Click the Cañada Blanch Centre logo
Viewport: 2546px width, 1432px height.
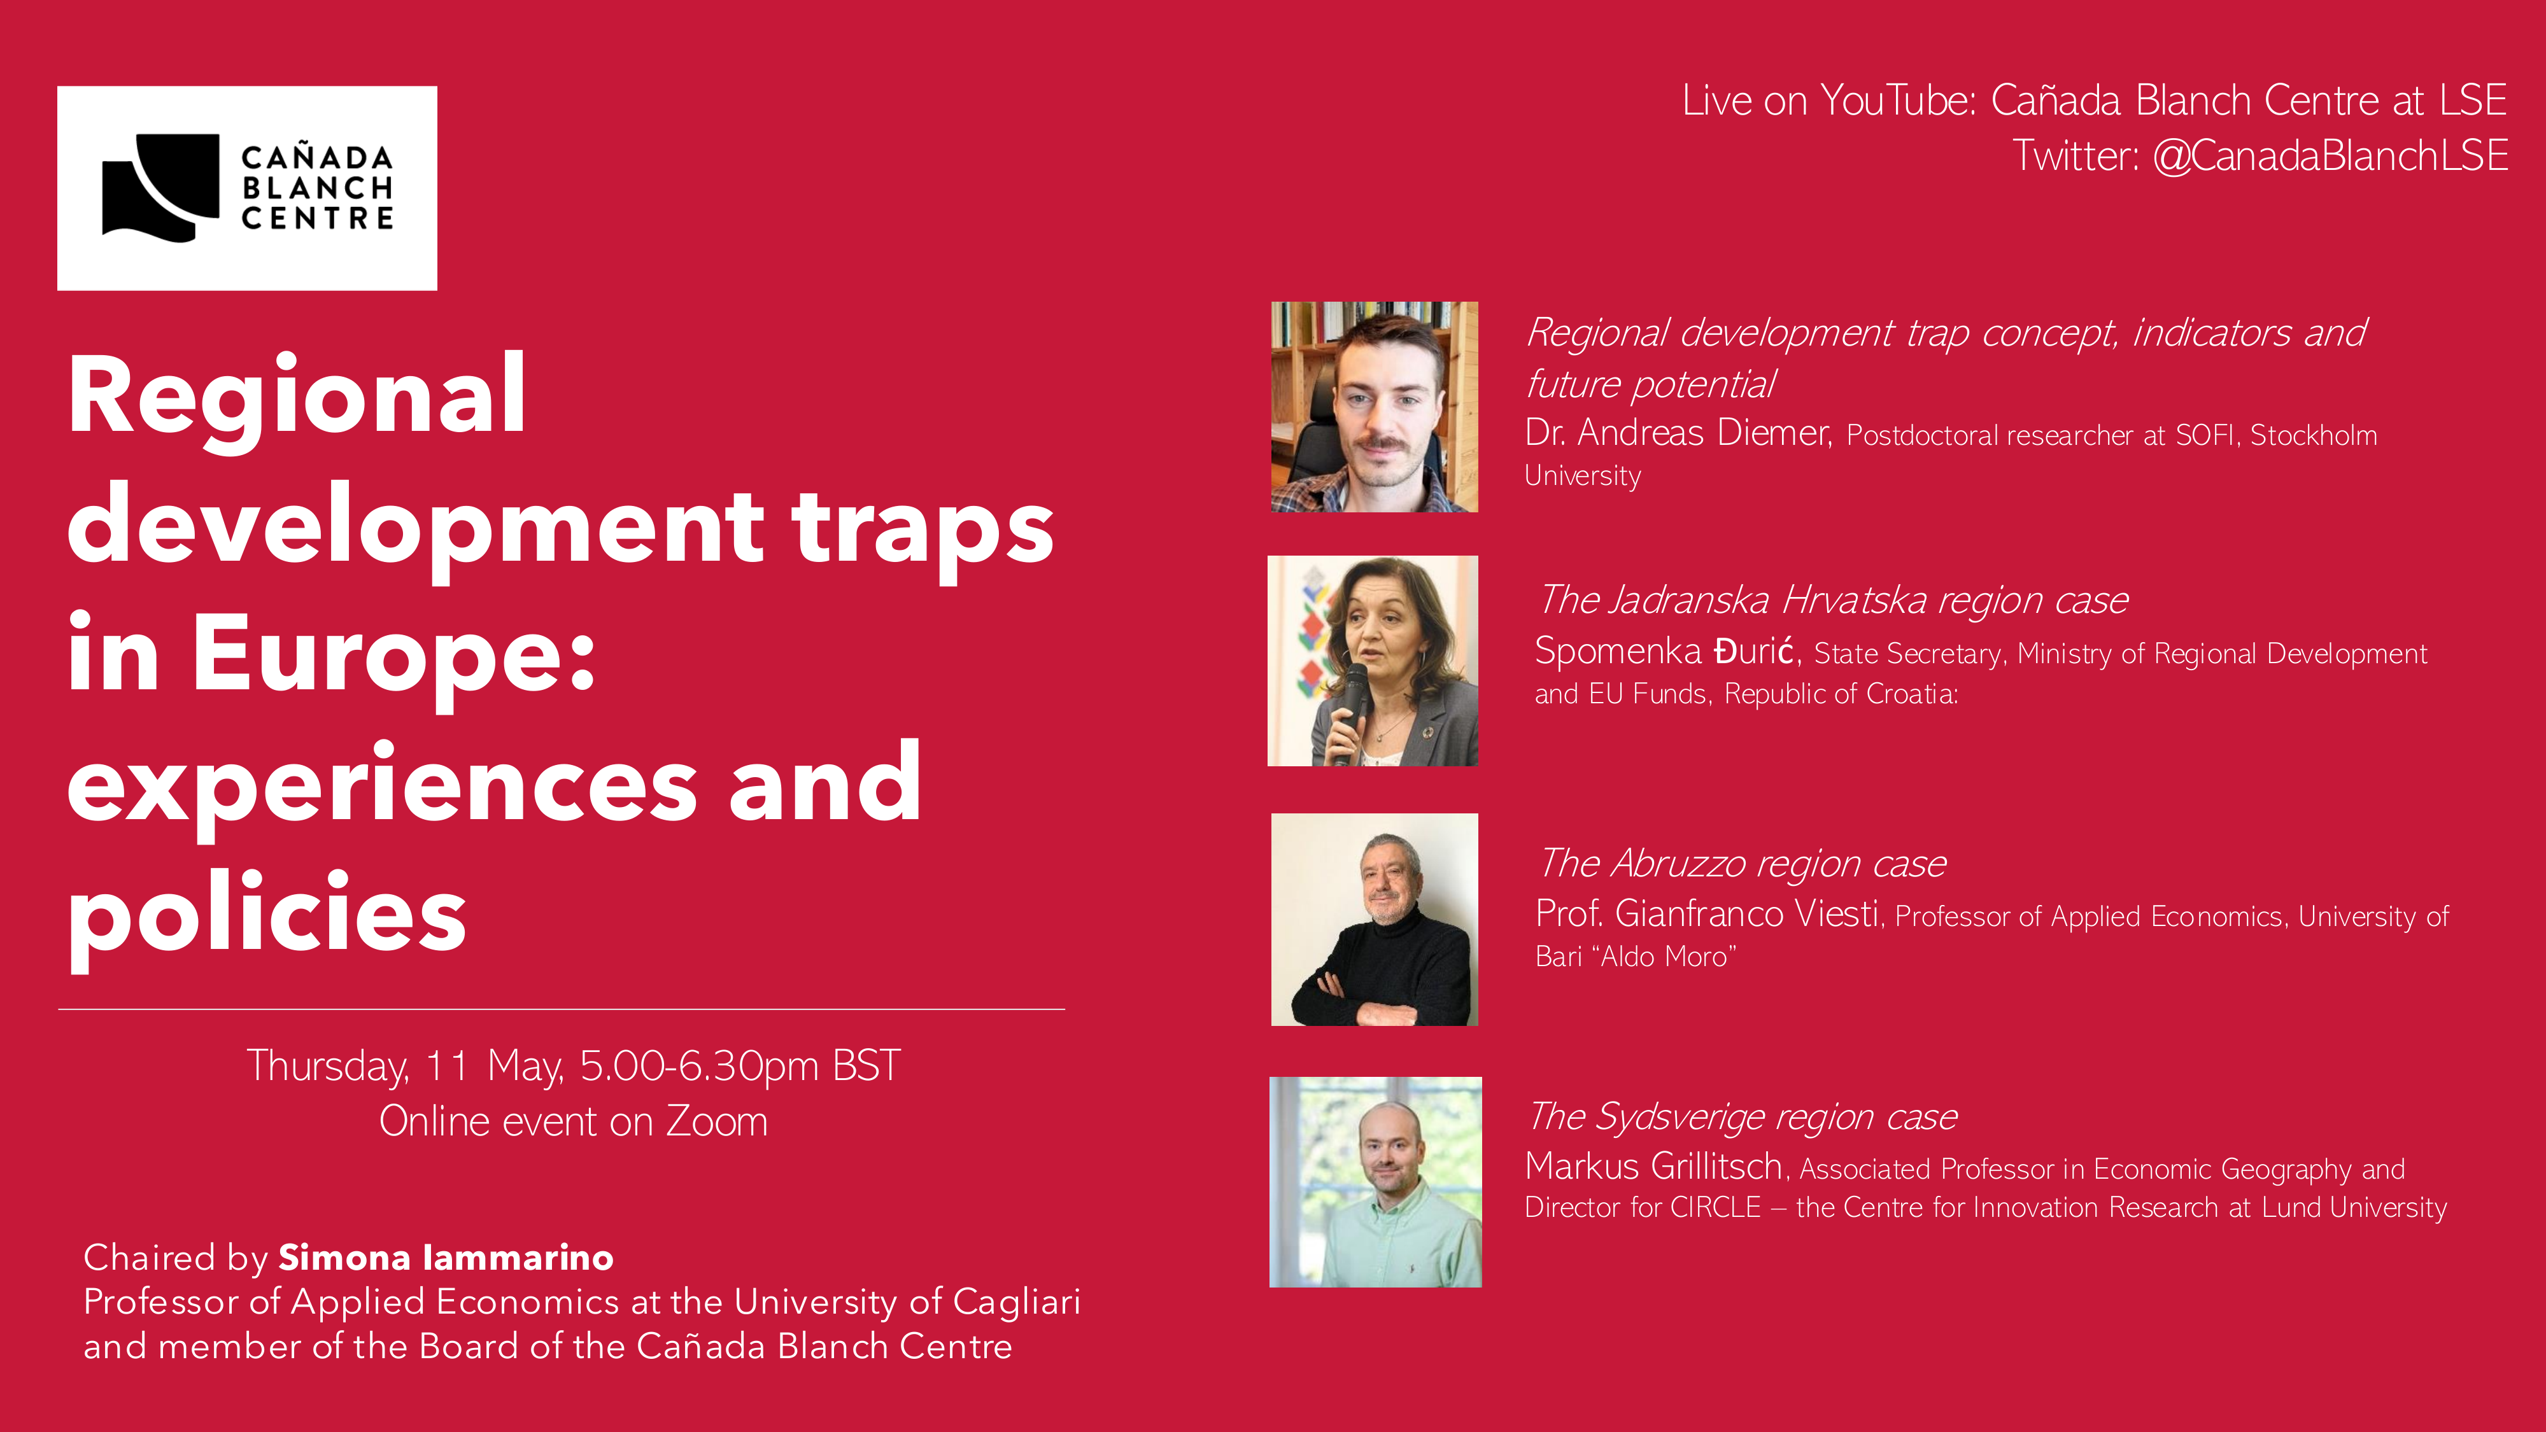tap(247, 188)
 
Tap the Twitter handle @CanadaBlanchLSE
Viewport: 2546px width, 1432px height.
tap(2330, 156)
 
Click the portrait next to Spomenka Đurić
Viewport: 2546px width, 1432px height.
tap(1373, 660)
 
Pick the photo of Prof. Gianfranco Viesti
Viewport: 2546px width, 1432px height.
tap(1374, 919)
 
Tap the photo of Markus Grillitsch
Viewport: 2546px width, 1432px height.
tap(1375, 1182)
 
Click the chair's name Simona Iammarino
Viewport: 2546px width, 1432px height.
tap(446, 1257)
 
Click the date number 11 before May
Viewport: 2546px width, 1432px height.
tap(447, 1066)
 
